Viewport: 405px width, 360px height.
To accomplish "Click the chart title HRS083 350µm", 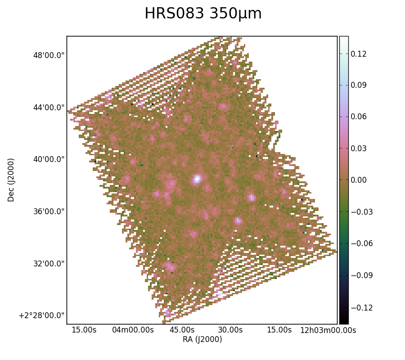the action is pos(203,13).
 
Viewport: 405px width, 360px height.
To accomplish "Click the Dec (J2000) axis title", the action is pos(11,180).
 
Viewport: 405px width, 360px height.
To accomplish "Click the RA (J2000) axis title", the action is pos(202,339).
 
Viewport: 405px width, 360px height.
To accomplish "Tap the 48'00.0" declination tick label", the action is pos(49,55).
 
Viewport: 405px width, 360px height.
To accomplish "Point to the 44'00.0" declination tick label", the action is pos(49,107).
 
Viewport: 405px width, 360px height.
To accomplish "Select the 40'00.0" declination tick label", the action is pos(49,159).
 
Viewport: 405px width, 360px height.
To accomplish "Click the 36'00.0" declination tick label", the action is pos(49,211).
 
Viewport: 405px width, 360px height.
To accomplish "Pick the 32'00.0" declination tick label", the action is pos(49,264).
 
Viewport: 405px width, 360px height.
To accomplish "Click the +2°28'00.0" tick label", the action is pos(41,315).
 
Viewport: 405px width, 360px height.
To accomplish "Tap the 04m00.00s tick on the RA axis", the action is pos(133,330).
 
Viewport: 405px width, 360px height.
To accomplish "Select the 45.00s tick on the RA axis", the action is pos(182,330).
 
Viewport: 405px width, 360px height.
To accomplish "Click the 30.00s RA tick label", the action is pos(230,330).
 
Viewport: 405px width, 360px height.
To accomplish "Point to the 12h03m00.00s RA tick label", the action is pos(328,330).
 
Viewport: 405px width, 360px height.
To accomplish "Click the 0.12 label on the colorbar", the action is pos(359,54).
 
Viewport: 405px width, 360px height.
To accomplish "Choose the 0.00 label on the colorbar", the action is pos(359,180).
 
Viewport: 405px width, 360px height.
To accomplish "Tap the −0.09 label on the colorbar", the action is pos(362,275).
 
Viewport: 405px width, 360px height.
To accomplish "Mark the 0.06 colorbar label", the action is pos(359,117).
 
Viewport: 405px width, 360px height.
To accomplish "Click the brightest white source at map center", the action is pos(197,179).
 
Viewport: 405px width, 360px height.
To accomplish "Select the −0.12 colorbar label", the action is pos(362,308).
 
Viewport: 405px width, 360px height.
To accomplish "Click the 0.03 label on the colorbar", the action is pos(359,148).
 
